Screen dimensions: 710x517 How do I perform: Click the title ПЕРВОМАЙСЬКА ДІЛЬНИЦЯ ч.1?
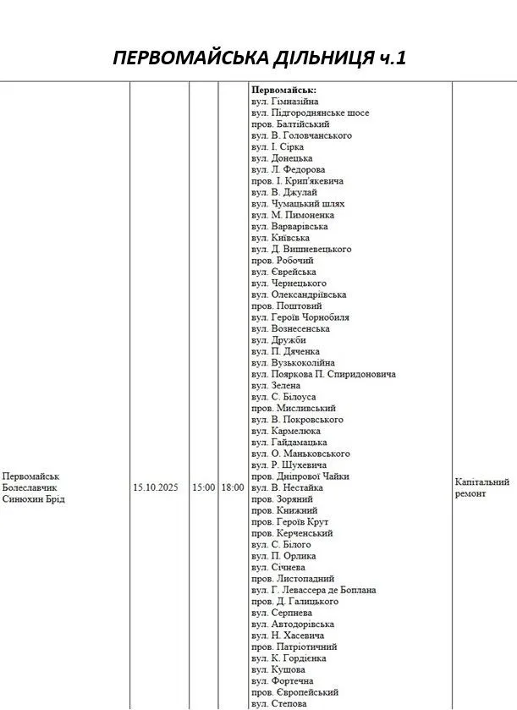[x=260, y=58]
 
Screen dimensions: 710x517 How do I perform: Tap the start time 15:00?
[x=203, y=487]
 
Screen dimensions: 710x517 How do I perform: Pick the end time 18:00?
[x=233, y=487]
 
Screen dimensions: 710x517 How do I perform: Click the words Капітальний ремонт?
[x=481, y=487]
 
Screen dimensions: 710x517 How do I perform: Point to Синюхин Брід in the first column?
[x=34, y=499]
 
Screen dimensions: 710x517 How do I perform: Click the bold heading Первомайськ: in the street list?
[x=284, y=90]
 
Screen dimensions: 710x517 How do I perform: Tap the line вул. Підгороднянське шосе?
[x=311, y=113]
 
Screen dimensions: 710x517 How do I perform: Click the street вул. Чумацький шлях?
[x=298, y=204]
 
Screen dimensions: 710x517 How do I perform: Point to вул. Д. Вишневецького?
[x=301, y=249]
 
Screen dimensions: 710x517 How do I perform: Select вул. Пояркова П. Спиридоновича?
[x=323, y=374]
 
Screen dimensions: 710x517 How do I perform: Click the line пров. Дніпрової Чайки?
[x=300, y=476]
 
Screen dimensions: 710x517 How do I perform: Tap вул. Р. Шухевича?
[x=289, y=465]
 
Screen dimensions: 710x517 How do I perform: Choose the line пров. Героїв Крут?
[x=290, y=522]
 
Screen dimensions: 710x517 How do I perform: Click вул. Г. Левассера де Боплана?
[x=314, y=590]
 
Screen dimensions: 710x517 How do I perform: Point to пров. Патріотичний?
[x=288, y=647]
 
